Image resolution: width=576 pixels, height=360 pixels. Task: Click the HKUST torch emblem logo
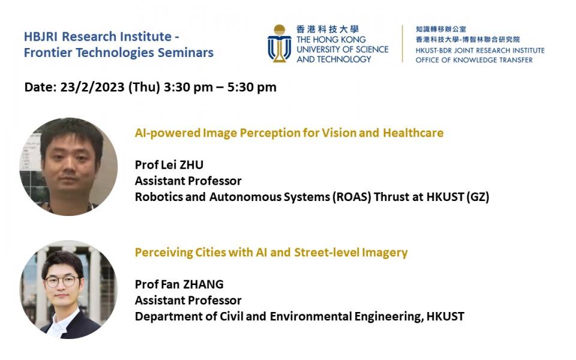tap(279, 44)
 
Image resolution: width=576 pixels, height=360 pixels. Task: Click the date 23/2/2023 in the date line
tap(92, 87)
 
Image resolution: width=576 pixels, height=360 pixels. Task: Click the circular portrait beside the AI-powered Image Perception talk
tap(68, 166)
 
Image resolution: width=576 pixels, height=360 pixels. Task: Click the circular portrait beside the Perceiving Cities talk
tap(68, 290)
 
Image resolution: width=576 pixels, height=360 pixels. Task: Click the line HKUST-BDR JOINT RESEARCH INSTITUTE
tap(479, 50)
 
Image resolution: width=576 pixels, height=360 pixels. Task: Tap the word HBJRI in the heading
tap(41, 37)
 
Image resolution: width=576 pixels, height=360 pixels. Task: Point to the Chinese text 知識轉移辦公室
tap(441, 29)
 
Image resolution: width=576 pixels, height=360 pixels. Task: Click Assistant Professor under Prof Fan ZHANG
tap(188, 300)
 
